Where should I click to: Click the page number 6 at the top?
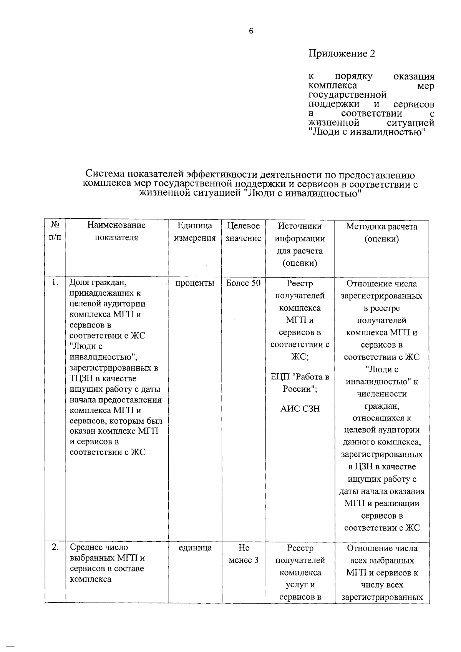pyautogui.click(x=251, y=32)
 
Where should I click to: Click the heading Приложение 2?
pyautogui.click(x=342, y=54)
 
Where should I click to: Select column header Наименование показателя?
pyautogui.click(x=116, y=231)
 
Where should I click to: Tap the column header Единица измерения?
pyautogui.click(x=195, y=231)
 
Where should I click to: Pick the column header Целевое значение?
pyautogui.click(x=244, y=231)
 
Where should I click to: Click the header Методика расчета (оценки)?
pyautogui.click(x=381, y=233)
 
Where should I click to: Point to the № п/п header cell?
pyautogui.click(x=55, y=231)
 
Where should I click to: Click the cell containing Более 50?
pyautogui.click(x=244, y=283)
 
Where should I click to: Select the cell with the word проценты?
pyautogui.click(x=195, y=283)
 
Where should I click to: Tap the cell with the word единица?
pyautogui.click(x=195, y=547)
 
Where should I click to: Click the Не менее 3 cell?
pyautogui.click(x=244, y=554)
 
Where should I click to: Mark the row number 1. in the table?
pyautogui.click(x=55, y=283)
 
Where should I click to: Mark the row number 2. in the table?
pyautogui.click(x=55, y=547)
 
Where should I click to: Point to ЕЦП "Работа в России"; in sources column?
pyautogui.click(x=300, y=383)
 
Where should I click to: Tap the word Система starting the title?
pyautogui.click(x=105, y=175)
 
